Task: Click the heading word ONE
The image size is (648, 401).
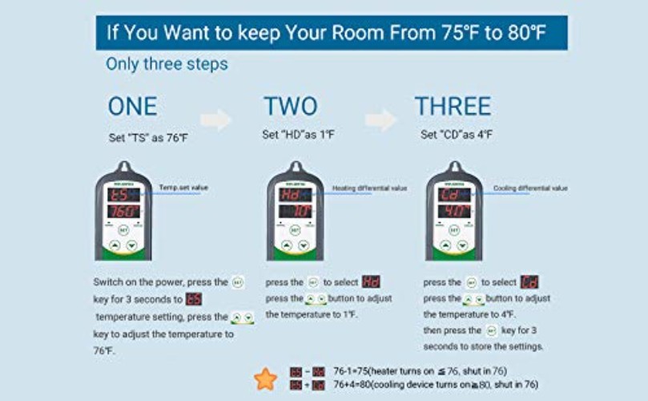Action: click(x=133, y=107)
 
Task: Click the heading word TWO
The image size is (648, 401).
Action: click(x=290, y=107)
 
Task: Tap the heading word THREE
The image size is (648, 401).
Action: click(x=453, y=107)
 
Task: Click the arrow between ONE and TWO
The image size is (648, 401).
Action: click(x=215, y=120)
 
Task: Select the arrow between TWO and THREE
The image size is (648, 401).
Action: click(x=380, y=120)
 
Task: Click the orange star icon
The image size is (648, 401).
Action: click(x=265, y=378)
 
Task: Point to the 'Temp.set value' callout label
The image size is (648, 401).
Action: click(x=183, y=187)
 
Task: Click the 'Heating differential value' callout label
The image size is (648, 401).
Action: click(x=369, y=188)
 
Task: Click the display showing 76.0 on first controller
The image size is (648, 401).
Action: click(x=123, y=212)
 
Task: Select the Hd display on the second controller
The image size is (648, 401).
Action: click(x=294, y=195)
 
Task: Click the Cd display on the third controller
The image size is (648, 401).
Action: click(x=453, y=195)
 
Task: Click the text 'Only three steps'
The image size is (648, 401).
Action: click(x=167, y=64)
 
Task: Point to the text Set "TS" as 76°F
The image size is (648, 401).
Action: click(x=148, y=138)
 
